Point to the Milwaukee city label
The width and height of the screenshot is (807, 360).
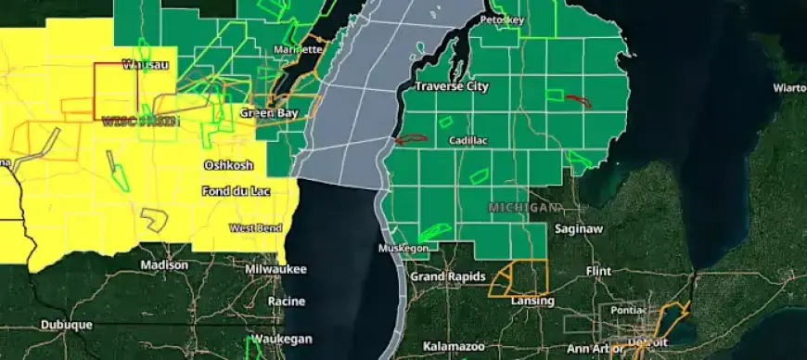coord(275,268)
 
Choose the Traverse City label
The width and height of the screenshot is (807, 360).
coord(451,86)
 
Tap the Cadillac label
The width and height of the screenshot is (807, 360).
coord(468,140)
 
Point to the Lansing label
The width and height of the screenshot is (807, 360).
coord(532,301)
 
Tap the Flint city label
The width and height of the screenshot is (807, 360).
coord(599,271)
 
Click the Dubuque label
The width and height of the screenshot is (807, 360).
coord(66,325)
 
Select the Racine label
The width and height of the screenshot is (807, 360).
coord(286,302)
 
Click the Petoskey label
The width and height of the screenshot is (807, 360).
coord(502,19)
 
